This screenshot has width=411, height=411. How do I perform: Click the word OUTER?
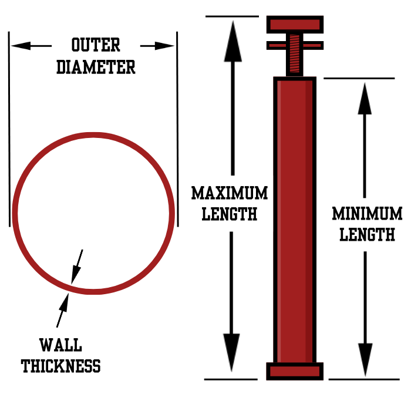click(96, 45)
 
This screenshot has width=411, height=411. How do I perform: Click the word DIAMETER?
click(96, 66)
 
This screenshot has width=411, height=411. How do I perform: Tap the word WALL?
click(60, 345)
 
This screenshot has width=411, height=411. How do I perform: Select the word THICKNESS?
click(61, 366)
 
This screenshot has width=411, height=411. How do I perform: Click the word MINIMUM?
click(368, 213)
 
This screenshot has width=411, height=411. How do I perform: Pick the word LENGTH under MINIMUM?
click(368, 234)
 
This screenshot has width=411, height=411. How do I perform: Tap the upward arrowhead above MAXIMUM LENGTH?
click(233, 41)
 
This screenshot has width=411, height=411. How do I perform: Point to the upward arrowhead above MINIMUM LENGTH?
click(365, 100)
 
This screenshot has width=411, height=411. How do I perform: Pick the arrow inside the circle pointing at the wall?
click(77, 267)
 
